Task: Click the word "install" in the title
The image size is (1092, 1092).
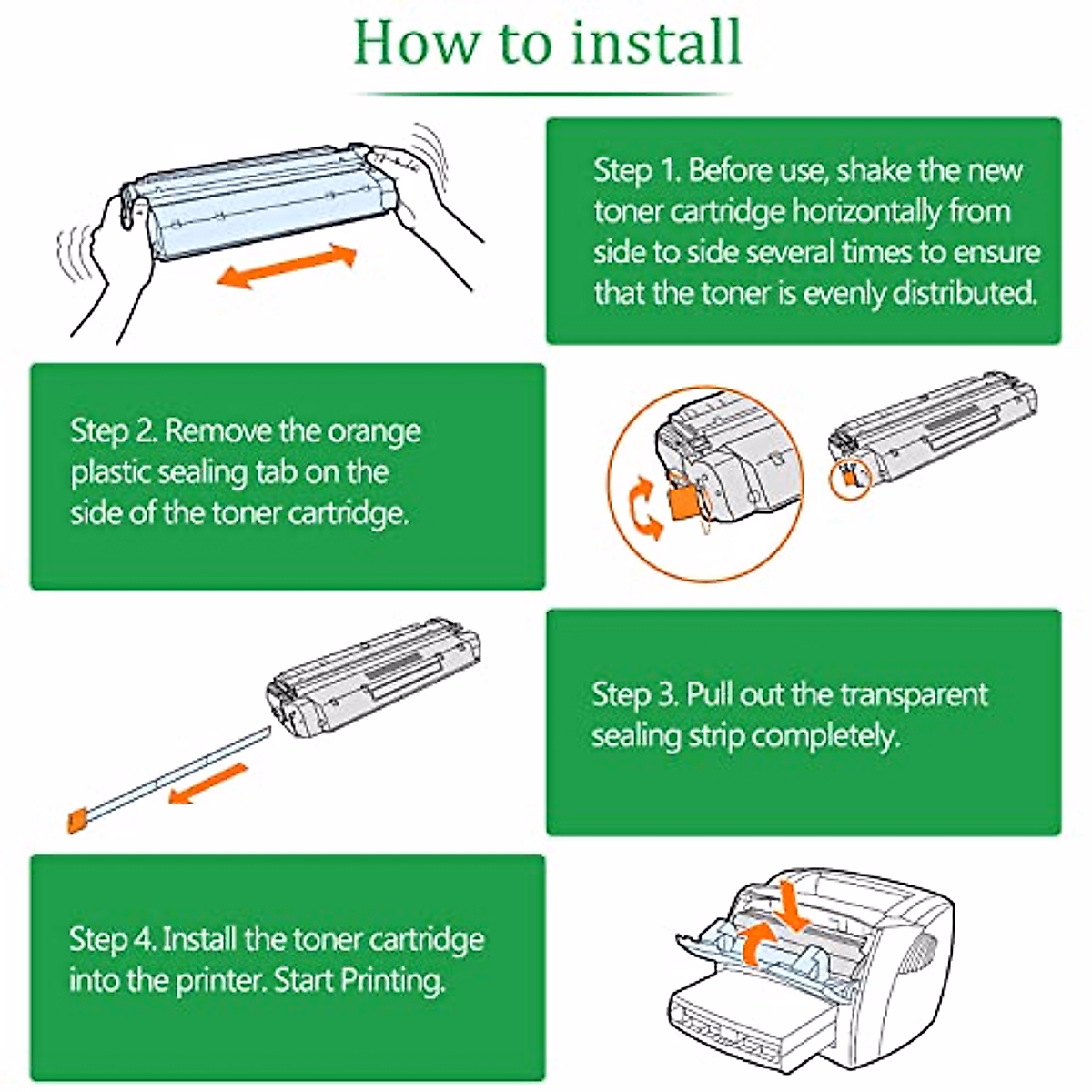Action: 651,41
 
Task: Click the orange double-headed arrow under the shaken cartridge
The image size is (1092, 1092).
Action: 286,266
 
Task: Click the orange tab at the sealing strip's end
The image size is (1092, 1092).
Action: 76,821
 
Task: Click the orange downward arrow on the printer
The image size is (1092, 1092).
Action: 793,907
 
